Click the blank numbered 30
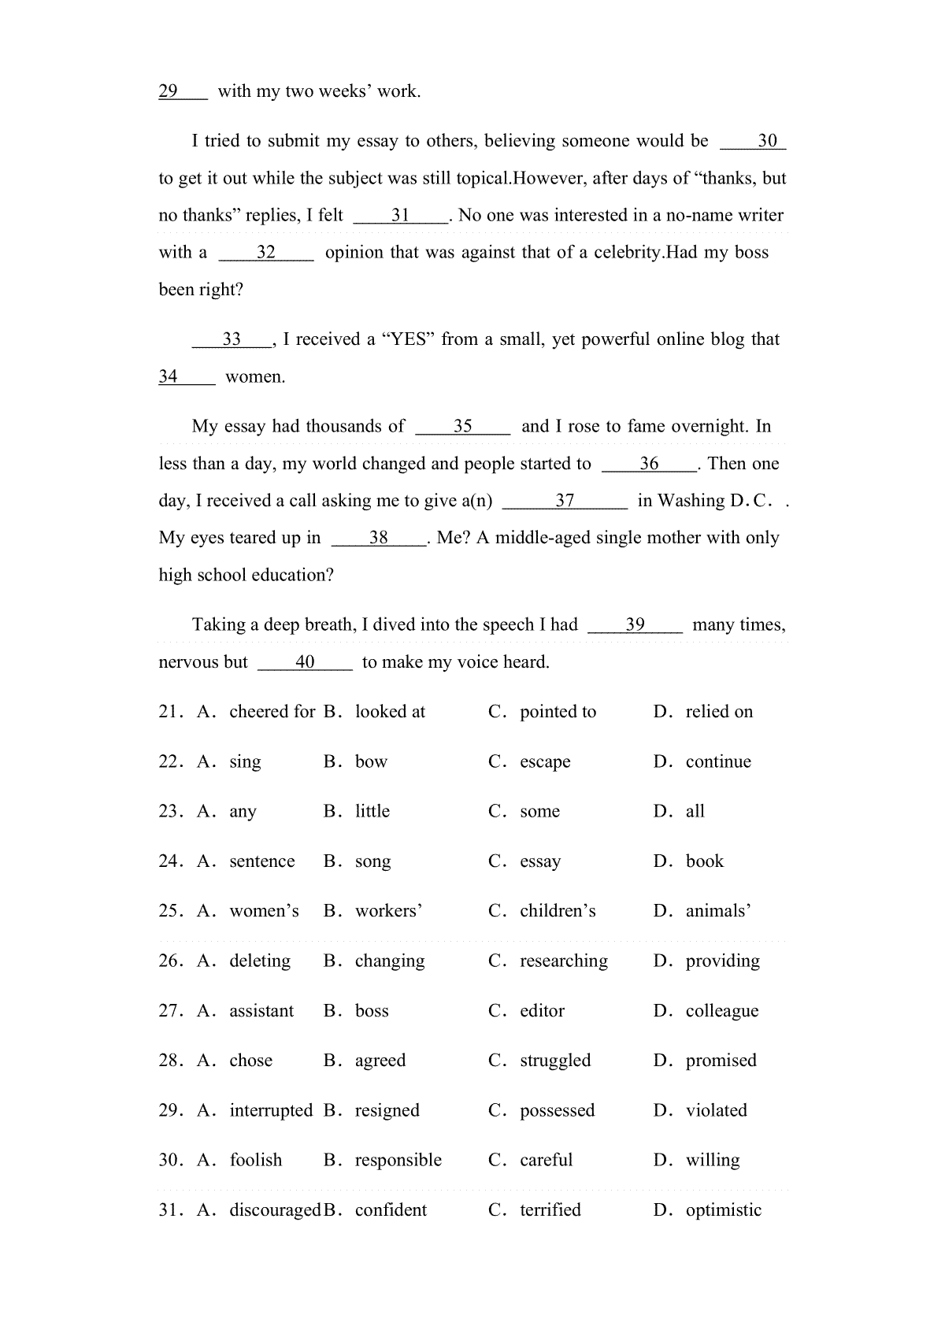point(754,142)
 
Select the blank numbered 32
point(266,253)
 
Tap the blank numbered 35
point(463,427)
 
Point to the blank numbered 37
point(565,501)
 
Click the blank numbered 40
point(306,662)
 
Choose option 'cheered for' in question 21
point(272,712)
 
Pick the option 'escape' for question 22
point(545,762)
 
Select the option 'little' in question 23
point(372,812)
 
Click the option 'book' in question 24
point(704,861)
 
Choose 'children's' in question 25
point(558,911)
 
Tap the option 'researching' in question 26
point(564,961)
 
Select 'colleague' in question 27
point(722,1011)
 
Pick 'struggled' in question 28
point(555,1061)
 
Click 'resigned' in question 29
point(387,1111)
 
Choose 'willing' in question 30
point(713,1161)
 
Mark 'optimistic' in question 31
point(724,1210)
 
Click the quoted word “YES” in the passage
point(408,339)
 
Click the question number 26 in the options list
point(170,961)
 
